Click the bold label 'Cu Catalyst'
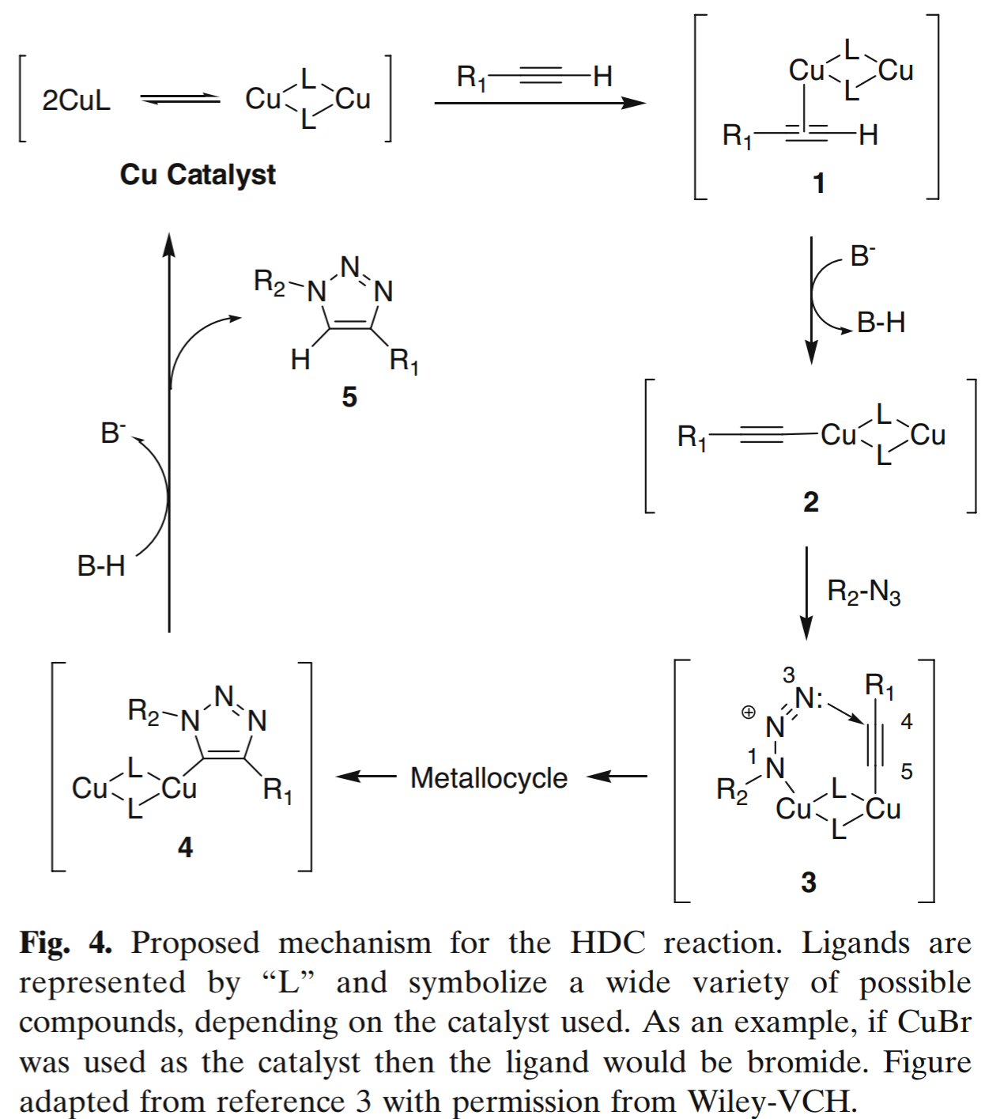coord(198,174)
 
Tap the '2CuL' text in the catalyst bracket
coord(76,100)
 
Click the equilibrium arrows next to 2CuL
coord(180,99)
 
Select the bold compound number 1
coord(819,183)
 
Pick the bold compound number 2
coord(811,502)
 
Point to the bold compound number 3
coord(808,882)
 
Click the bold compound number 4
coord(185,847)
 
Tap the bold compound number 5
coord(349,397)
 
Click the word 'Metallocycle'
coord(489,778)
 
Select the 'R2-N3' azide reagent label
coord(863,592)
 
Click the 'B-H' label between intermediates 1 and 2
coord(881,323)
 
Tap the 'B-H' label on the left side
coord(101,566)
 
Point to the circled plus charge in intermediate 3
coord(748,713)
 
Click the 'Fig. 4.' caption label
coord(66,943)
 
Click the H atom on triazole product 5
coord(300,361)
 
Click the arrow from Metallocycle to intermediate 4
coord(366,777)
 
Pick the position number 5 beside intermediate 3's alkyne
coord(907,771)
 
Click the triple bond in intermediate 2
coord(761,434)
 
